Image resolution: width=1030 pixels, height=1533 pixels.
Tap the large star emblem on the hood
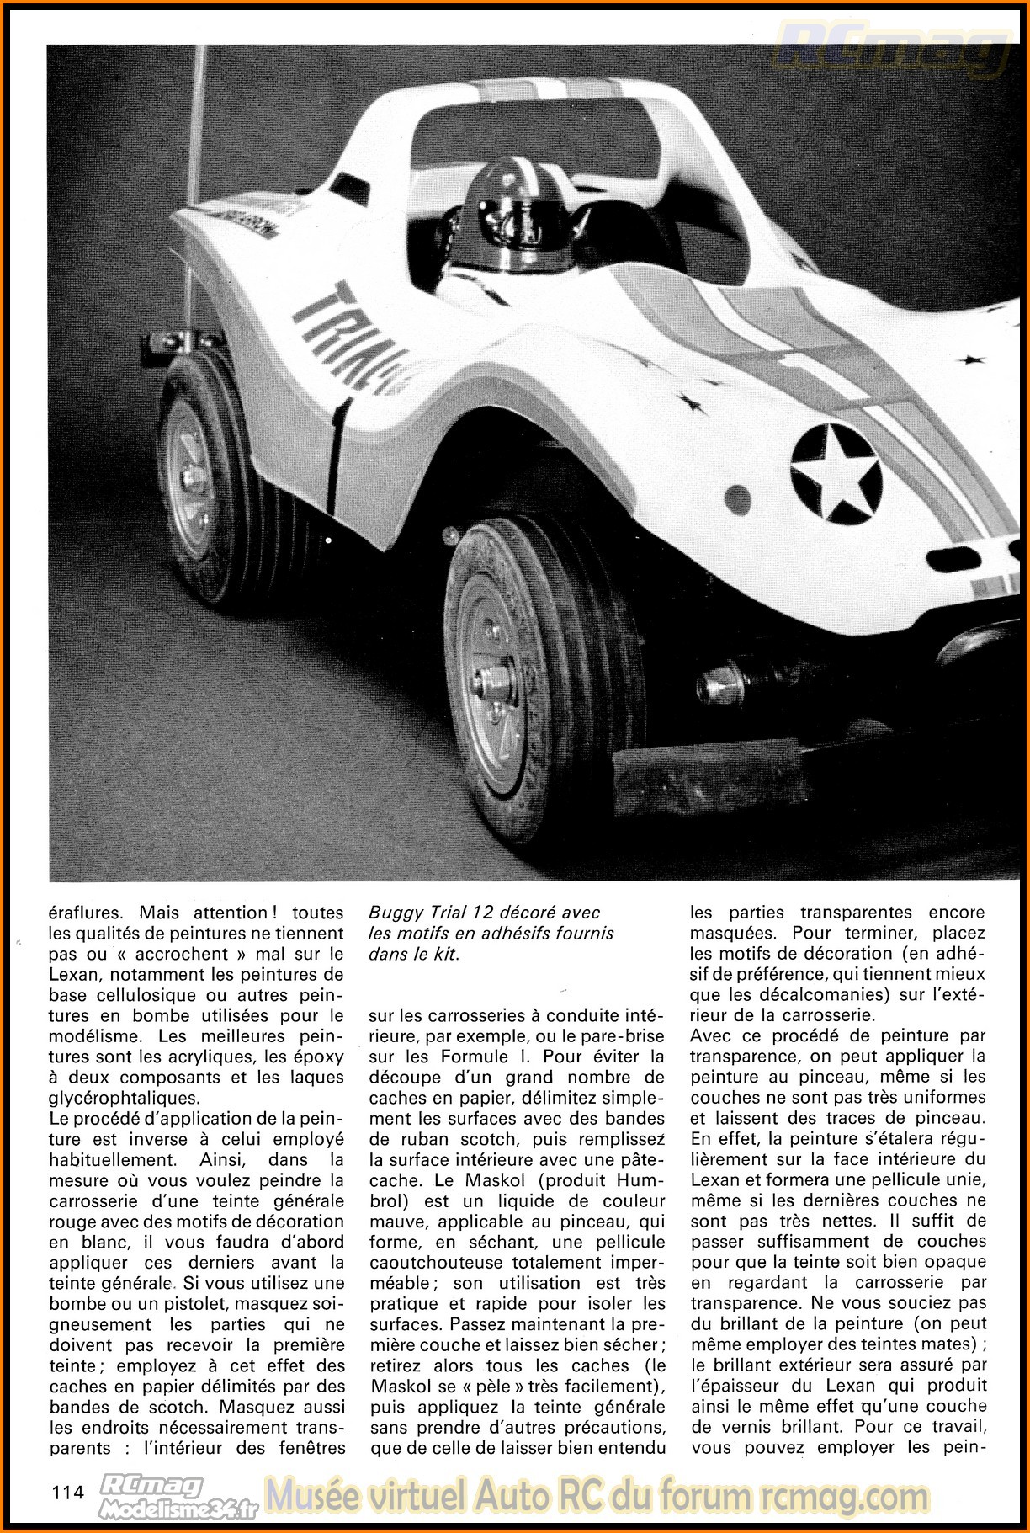point(836,474)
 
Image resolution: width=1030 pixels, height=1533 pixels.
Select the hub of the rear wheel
point(191,478)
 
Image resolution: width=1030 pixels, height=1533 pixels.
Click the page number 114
point(68,1493)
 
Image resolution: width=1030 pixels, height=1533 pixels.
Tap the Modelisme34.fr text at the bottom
point(178,1509)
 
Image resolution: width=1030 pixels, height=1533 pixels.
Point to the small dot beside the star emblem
point(738,500)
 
